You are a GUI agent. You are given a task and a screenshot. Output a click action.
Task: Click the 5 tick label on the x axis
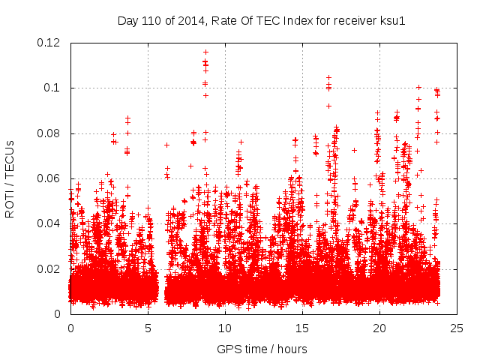pyautogui.click(x=148, y=328)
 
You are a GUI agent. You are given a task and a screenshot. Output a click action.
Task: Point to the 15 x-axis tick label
pyautogui.click(x=302, y=328)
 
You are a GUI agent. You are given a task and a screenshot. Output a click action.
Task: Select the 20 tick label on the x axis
pyautogui.click(x=379, y=328)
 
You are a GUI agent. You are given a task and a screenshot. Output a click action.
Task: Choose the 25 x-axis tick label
pyautogui.click(x=457, y=328)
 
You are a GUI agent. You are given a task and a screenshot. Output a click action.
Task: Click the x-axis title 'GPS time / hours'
pyautogui.click(x=262, y=349)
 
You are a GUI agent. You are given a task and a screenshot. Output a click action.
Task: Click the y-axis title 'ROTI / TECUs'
pyautogui.click(x=10, y=178)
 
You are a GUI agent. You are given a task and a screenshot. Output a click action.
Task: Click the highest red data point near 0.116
pyautogui.click(x=205, y=52)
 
